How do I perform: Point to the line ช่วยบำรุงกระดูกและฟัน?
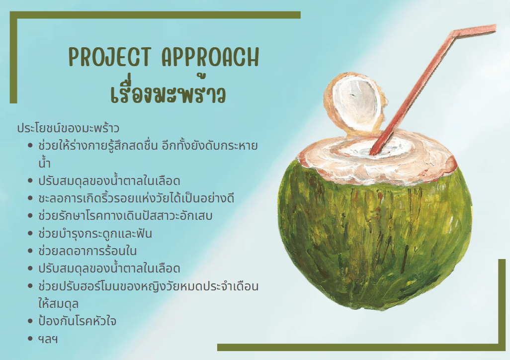95,233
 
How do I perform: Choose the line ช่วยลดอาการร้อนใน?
87,251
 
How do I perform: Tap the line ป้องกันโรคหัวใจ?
77,321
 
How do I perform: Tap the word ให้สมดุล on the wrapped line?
58,303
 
